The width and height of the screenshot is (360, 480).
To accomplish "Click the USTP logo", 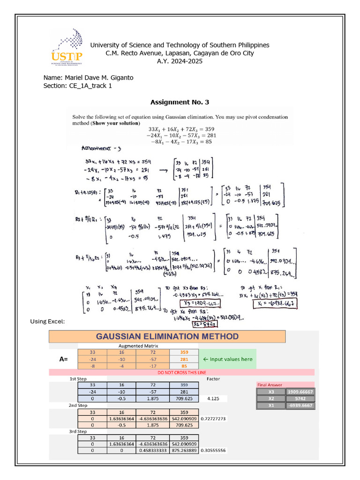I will pyautogui.click(x=68, y=47).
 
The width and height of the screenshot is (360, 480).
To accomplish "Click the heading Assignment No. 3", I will pyautogui.click(x=180, y=102).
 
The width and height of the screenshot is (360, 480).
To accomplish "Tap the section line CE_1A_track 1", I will pyautogui.click(x=77, y=85).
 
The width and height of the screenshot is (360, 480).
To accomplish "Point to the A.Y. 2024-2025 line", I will pyautogui.click(x=180, y=61).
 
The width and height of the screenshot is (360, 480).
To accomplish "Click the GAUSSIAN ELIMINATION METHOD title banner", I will pyautogui.click(x=167, y=337).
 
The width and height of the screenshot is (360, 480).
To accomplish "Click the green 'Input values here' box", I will pyautogui.click(x=228, y=359).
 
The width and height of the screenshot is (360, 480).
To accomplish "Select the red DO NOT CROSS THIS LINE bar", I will pyautogui.click(x=181, y=372).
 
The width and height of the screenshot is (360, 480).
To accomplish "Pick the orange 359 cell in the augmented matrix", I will pyautogui.click(x=184, y=352).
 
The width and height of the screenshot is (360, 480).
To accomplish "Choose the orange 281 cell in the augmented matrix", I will pyautogui.click(x=184, y=359).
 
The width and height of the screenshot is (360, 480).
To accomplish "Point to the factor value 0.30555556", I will pyautogui.click(x=213, y=450).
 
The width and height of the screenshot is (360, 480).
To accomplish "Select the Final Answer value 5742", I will pyautogui.click(x=300, y=399).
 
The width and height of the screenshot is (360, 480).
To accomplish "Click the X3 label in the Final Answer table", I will pyautogui.click(x=271, y=392).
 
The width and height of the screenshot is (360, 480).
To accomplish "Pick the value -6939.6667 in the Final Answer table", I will pyautogui.click(x=300, y=406).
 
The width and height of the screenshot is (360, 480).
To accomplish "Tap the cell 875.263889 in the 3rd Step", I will pyautogui.click(x=184, y=450).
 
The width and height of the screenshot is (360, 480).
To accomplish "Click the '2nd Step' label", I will pyautogui.click(x=78, y=405).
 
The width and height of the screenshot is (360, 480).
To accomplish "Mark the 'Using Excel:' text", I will pyautogui.click(x=47, y=321).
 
